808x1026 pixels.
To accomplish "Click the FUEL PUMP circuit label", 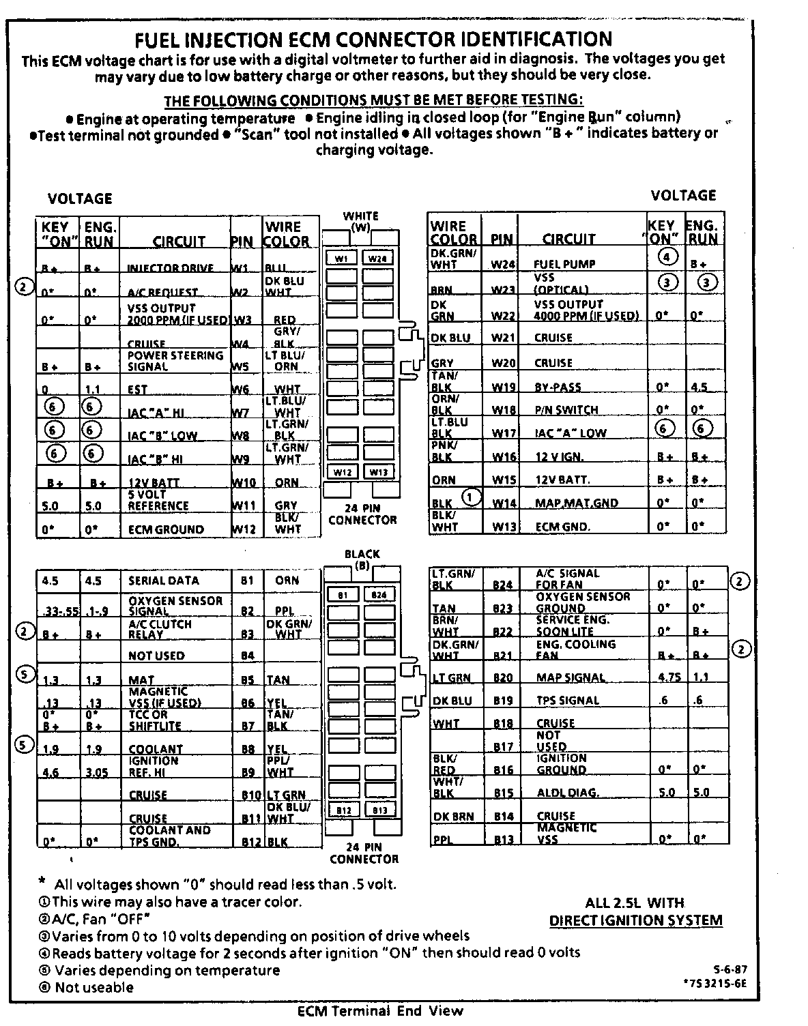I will [x=564, y=264].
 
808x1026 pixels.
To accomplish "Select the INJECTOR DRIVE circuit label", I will [x=171, y=268].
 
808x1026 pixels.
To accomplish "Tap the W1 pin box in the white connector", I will [x=342, y=259].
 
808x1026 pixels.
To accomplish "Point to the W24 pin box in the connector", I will [x=377, y=259].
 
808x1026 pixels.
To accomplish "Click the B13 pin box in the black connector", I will [x=379, y=810].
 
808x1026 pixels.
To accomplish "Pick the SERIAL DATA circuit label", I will [x=164, y=581].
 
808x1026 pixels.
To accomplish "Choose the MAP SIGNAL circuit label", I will [x=571, y=678].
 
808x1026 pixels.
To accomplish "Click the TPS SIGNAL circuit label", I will [x=568, y=701].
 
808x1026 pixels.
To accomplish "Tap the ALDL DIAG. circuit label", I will [x=568, y=793].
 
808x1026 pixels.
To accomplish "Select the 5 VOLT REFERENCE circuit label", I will [x=158, y=500].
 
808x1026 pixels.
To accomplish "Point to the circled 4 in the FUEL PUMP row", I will [x=668, y=257].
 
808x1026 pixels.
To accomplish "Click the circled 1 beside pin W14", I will [x=471, y=497].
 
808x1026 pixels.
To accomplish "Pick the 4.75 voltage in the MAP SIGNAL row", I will [x=666, y=677].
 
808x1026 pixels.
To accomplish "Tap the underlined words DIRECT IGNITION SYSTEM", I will [x=635, y=920].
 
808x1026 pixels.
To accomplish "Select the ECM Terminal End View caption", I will [x=380, y=1011].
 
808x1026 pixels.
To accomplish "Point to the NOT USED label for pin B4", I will [x=156, y=656].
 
